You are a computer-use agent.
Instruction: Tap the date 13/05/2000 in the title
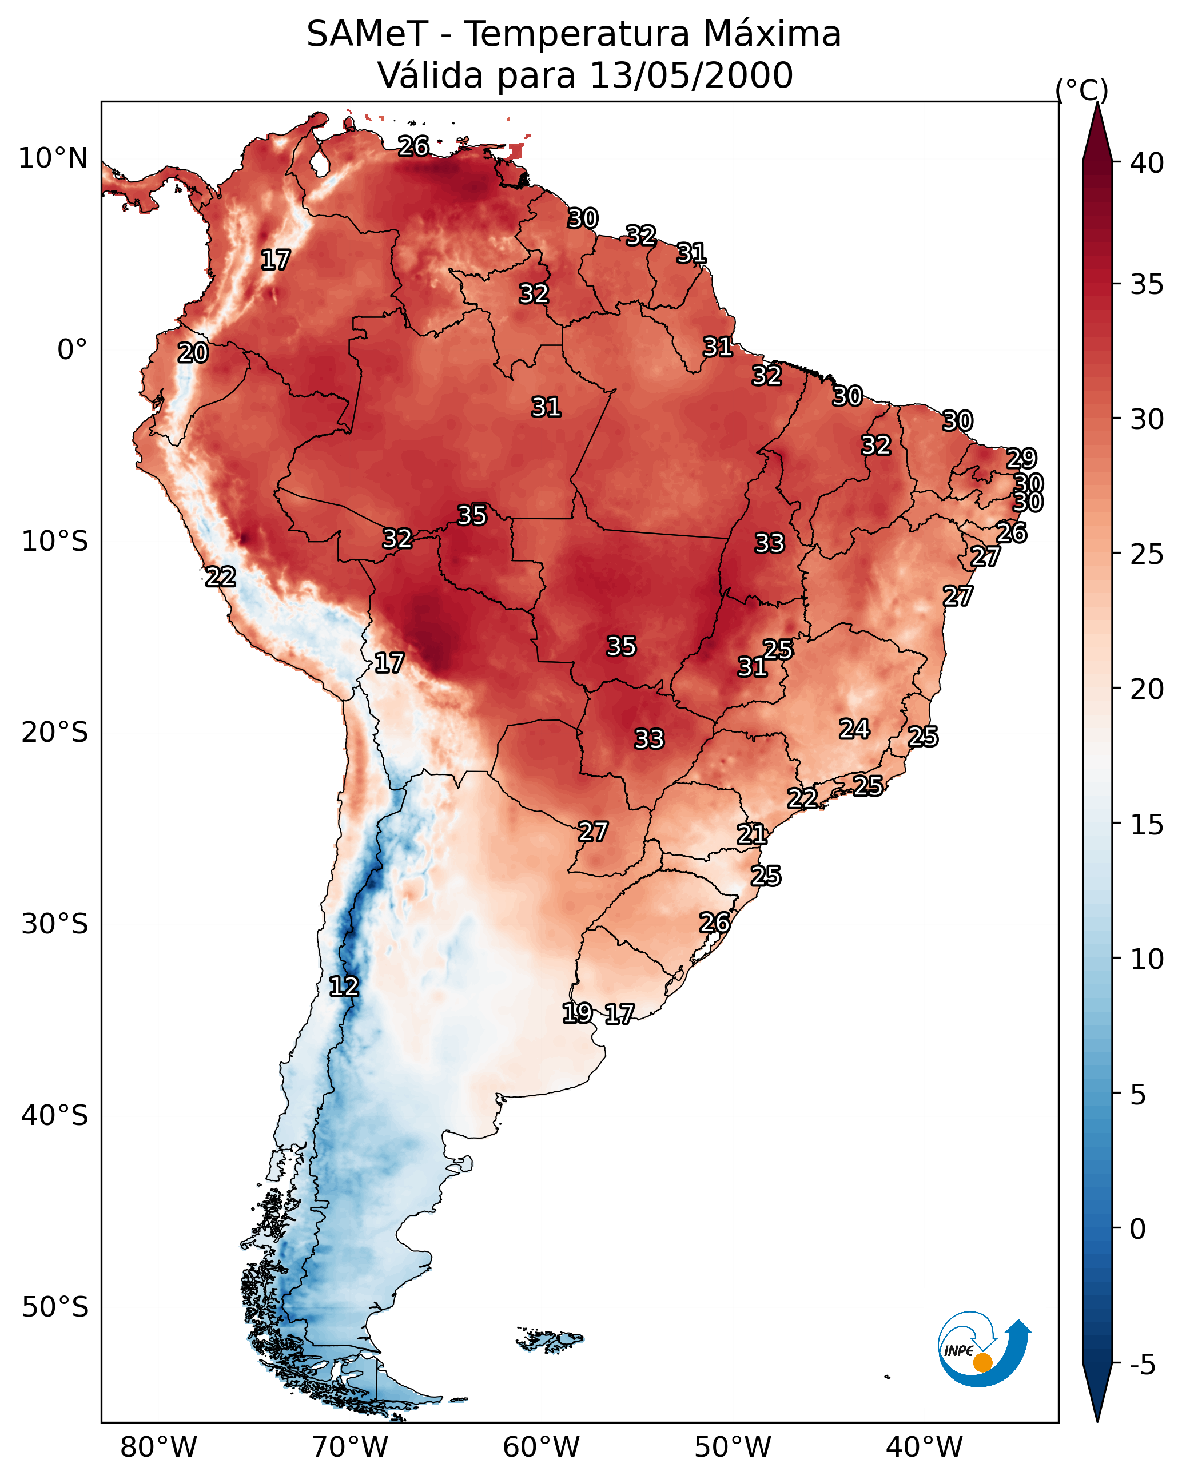click(691, 75)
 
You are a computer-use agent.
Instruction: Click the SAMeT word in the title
click(367, 34)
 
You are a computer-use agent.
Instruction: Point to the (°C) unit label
click(1082, 90)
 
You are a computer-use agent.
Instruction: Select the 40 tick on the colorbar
click(1147, 163)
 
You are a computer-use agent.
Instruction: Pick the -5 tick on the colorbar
click(1142, 1365)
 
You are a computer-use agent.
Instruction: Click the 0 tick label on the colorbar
click(1137, 1228)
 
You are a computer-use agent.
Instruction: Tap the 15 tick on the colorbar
click(1147, 825)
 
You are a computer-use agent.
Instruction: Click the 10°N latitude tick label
click(53, 158)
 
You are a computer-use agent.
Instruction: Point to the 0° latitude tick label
click(72, 350)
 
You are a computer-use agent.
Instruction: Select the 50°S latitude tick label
click(55, 1307)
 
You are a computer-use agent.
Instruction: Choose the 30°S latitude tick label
click(55, 924)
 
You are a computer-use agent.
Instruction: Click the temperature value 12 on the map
click(344, 987)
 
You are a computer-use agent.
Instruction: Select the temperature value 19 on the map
click(577, 1013)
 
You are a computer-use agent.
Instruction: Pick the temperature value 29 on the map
click(1021, 458)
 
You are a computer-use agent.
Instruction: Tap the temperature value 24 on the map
click(854, 729)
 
